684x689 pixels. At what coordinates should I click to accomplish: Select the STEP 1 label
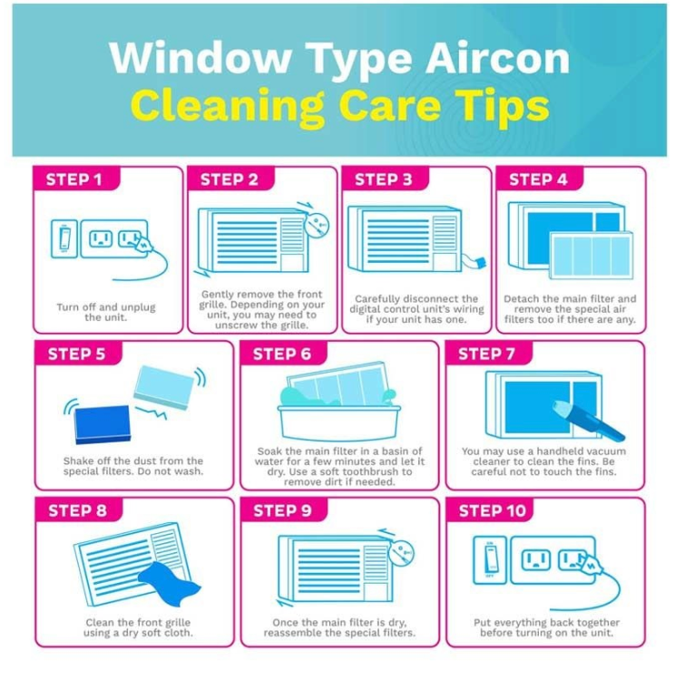coord(73,180)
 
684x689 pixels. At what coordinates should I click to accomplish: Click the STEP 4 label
coord(538,180)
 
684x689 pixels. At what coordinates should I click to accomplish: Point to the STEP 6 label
coord(282,354)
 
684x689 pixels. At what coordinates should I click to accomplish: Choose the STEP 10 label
coord(493,510)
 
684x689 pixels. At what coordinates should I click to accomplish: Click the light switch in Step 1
coord(64,238)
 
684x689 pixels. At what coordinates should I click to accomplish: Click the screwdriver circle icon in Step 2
coord(317,226)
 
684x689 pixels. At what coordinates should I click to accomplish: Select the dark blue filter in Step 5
coord(102,424)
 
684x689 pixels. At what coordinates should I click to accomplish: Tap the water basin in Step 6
coord(339,422)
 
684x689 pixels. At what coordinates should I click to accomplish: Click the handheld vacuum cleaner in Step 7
coord(588,421)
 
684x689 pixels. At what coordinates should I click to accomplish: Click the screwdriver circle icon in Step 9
coord(401,554)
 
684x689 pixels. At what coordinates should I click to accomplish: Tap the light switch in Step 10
coord(490,560)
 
